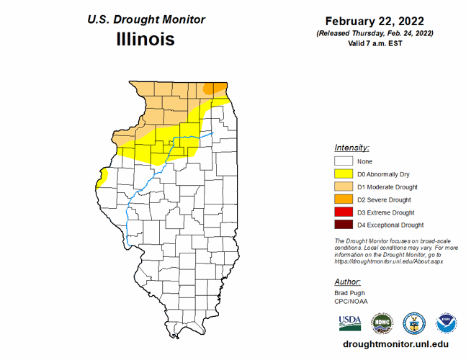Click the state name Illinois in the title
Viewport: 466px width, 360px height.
(145, 39)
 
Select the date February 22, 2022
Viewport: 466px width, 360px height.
(374, 20)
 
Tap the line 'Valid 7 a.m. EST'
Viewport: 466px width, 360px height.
(374, 43)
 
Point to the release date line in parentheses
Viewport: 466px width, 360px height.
(374, 33)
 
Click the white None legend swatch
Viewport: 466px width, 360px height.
(344, 161)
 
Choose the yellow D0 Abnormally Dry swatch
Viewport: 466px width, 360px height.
(344, 174)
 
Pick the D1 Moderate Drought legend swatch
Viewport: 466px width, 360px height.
(344, 187)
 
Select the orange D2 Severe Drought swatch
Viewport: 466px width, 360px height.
(344, 199)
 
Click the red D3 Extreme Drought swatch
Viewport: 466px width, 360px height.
(344, 212)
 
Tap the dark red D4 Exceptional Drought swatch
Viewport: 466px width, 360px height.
(344, 225)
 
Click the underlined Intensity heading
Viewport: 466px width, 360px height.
(352, 147)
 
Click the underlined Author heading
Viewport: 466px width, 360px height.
(348, 282)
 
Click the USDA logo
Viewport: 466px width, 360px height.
(349, 322)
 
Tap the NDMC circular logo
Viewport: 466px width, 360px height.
(382, 323)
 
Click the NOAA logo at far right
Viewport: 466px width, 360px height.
(446, 323)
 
